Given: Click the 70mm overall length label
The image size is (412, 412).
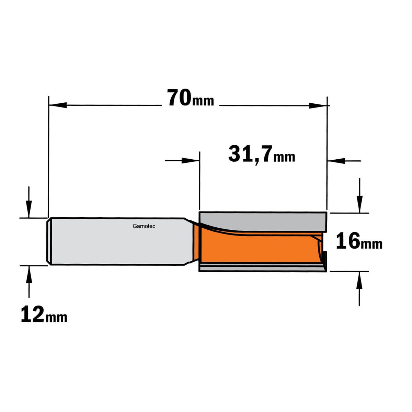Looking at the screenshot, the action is pyautogui.click(x=190, y=98).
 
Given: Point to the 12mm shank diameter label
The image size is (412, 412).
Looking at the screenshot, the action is pyautogui.click(x=44, y=314).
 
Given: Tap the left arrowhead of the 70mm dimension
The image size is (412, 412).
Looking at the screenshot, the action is pyautogui.click(x=58, y=105).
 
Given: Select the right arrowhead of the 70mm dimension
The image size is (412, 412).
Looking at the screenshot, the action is pyautogui.click(x=318, y=105).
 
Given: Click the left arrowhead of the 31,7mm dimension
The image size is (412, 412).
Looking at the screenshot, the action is pyautogui.click(x=190, y=160).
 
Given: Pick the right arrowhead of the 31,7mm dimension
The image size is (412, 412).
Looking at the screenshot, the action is pyautogui.click(x=336, y=161).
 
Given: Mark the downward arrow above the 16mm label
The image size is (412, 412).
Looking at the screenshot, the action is pyautogui.click(x=359, y=202).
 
